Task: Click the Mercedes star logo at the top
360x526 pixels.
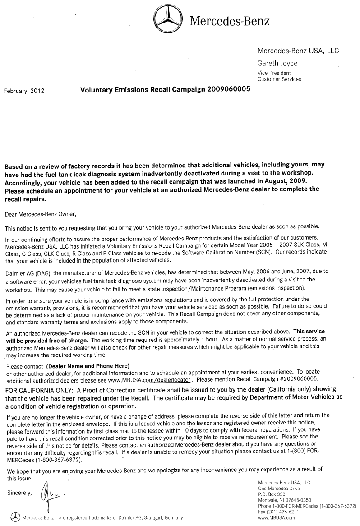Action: [x=168, y=20]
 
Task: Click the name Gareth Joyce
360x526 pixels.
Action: [x=277, y=63]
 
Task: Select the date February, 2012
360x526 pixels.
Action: [x=24, y=91]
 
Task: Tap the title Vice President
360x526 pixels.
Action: [x=274, y=73]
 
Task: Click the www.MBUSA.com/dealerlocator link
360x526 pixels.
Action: [x=149, y=380]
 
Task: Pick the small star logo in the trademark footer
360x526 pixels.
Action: [x=16, y=517]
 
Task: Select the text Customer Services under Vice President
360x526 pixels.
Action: [x=279, y=79]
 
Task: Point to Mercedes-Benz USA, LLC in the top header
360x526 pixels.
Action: [x=298, y=51]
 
